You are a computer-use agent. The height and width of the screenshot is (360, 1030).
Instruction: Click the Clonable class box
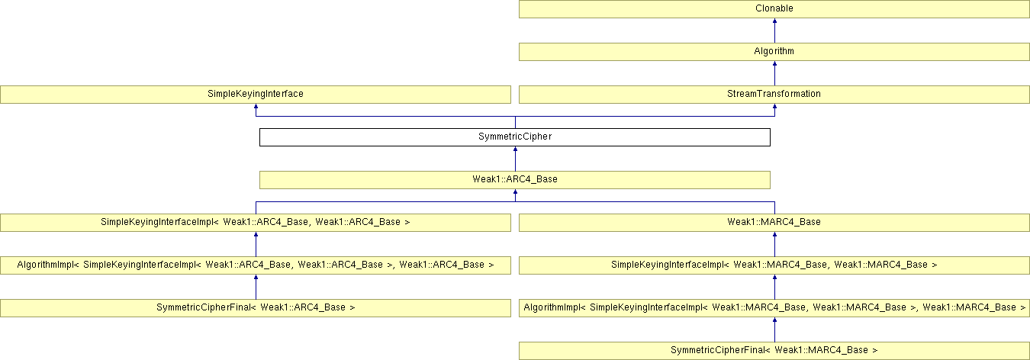(x=774, y=9)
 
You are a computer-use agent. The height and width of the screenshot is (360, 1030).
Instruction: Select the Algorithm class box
(x=774, y=52)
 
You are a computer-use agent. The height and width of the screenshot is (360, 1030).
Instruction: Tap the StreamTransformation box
(x=774, y=95)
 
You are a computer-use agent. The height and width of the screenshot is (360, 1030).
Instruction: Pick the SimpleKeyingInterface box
(x=255, y=95)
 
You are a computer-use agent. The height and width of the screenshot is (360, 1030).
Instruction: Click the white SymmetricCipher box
(x=514, y=137)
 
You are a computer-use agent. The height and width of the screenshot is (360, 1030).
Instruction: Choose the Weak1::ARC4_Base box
(x=514, y=180)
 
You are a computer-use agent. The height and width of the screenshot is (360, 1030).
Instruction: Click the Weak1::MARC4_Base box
(x=774, y=223)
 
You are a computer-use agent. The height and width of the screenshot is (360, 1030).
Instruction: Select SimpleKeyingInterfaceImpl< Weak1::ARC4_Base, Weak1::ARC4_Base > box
(x=255, y=223)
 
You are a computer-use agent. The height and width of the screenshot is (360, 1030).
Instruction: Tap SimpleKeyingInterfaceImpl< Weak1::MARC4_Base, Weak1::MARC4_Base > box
(x=774, y=265)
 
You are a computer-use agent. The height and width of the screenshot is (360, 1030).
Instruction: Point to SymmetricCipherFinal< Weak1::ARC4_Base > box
(x=255, y=308)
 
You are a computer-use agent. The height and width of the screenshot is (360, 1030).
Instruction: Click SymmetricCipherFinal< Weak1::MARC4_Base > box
(x=774, y=351)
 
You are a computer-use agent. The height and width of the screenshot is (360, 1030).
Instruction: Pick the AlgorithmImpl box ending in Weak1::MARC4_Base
(x=774, y=308)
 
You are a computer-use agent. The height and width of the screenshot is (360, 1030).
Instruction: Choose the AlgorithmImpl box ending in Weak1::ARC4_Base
(x=255, y=265)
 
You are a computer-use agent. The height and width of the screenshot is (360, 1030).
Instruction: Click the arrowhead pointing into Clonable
(x=774, y=22)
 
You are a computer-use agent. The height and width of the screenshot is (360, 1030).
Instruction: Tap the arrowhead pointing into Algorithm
(x=774, y=65)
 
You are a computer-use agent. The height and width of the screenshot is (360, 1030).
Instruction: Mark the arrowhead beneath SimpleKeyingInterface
(x=256, y=108)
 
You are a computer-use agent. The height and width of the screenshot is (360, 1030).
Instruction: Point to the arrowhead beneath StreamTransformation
(x=774, y=108)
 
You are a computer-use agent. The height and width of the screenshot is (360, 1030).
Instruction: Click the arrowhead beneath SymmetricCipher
(x=515, y=150)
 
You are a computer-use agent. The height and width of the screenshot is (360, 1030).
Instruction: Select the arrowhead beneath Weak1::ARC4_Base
(x=515, y=193)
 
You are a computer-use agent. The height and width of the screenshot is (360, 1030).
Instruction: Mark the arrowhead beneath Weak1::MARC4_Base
(x=774, y=236)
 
